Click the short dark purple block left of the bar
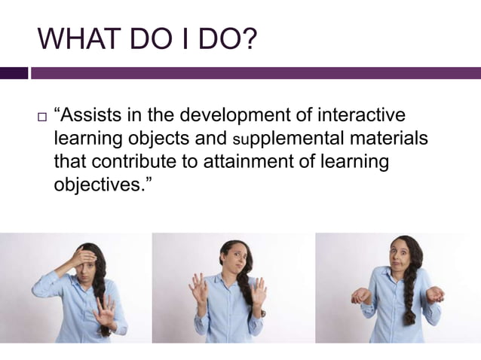pos(14,73)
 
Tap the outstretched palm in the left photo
pos(103,310)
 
